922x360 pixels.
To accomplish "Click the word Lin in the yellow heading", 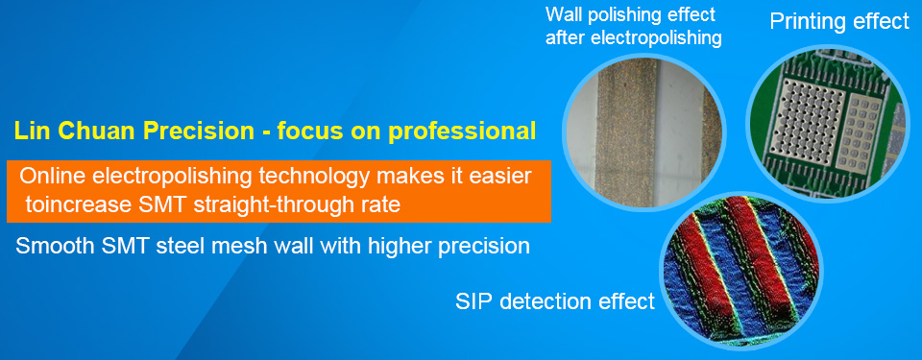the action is pos(28,132).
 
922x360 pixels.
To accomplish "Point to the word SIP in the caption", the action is pos(472,301).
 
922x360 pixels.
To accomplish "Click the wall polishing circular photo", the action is pos(643,132).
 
